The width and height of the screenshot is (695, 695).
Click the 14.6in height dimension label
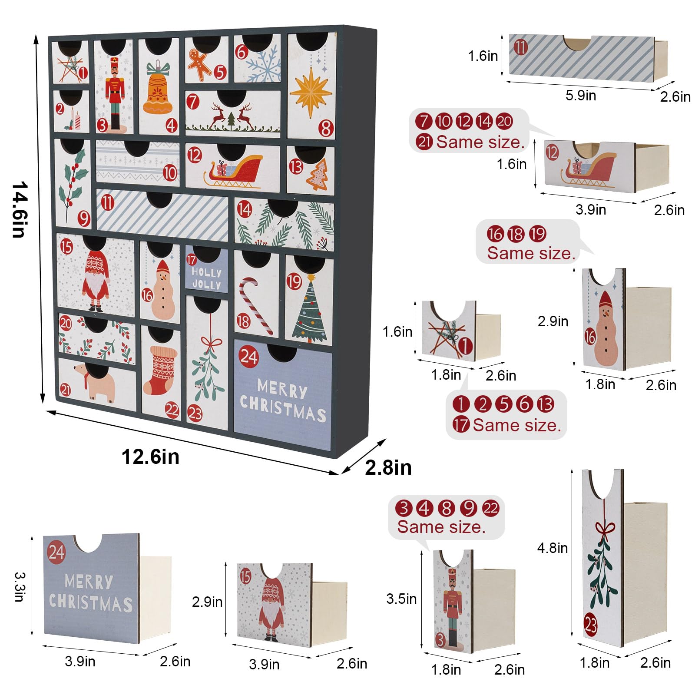20,210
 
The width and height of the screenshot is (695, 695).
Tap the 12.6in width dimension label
150,457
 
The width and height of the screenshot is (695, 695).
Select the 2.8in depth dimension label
388,468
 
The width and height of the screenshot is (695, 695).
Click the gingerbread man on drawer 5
199,65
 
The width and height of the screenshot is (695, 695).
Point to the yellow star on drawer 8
310,93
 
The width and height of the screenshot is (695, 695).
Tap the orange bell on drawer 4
158,92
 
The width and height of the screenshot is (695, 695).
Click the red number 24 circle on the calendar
248,357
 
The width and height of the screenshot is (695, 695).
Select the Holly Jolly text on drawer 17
207,278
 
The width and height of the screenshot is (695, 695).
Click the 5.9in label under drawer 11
580,95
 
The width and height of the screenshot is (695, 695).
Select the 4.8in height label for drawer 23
552,548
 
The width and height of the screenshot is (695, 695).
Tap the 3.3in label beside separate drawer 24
20,587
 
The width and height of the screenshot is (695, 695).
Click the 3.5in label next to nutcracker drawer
401,599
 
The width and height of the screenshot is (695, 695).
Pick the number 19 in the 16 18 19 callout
538,234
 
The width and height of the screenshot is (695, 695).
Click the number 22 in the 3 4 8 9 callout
491,508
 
